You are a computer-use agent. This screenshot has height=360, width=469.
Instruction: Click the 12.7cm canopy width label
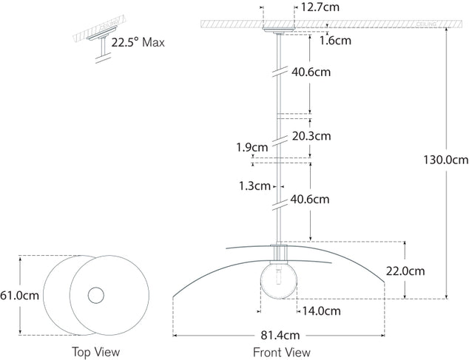click(x=322, y=9)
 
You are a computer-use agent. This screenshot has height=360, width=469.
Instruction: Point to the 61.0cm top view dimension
click(x=19, y=296)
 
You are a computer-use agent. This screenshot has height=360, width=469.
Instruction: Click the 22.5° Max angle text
click(x=138, y=42)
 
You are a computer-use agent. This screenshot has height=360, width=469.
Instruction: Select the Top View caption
click(x=95, y=352)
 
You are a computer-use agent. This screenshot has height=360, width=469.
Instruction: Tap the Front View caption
click(x=281, y=352)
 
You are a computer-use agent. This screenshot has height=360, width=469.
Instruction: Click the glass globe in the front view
click(x=279, y=282)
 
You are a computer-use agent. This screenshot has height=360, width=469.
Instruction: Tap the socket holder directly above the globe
click(x=279, y=254)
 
